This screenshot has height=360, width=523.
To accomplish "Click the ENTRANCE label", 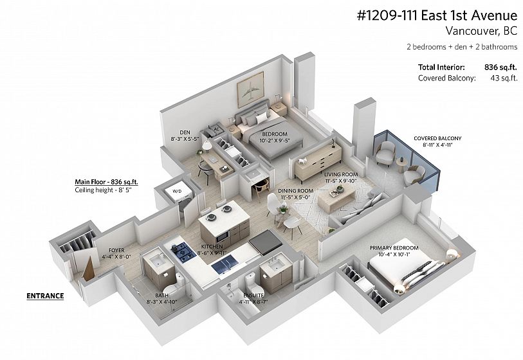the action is tap(45, 296).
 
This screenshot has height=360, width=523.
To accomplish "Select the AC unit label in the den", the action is tap(216, 129).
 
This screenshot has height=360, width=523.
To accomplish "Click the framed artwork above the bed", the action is tap(250, 89).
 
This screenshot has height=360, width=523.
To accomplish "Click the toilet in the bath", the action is tap(176, 286).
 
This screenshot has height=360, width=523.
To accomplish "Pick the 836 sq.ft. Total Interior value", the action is tap(500, 67).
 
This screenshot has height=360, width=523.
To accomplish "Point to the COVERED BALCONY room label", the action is tap(437, 138).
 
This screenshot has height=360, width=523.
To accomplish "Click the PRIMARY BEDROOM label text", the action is tap(394, 248).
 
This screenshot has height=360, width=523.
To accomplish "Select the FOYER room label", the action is tap(116, 250).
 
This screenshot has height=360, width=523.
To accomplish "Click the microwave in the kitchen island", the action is tap(222, 237).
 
